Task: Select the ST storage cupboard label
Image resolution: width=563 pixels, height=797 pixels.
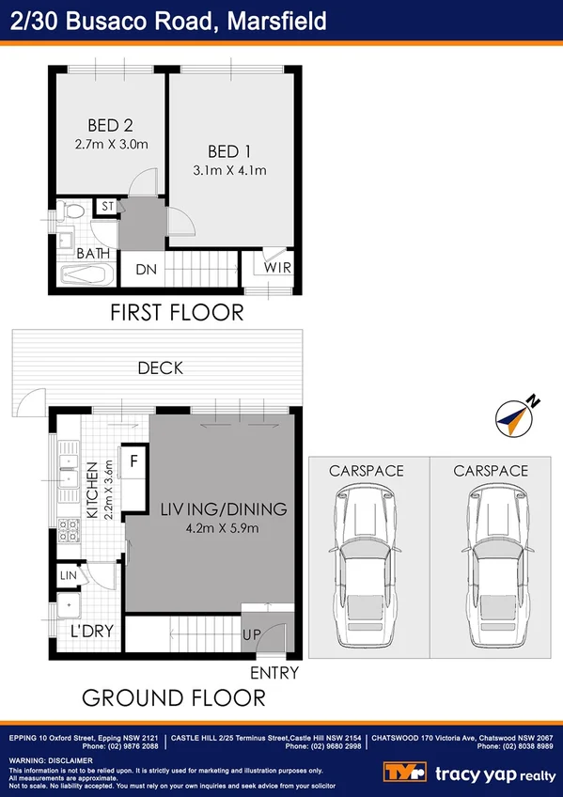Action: click(x=107, y=207)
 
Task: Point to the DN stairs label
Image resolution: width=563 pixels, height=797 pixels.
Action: click(x=146, y=270)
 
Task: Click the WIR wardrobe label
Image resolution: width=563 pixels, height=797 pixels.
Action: click(x=277, y=269)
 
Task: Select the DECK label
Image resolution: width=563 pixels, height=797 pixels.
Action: click(x=160, y=368)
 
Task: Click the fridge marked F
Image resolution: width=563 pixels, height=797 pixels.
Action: click(x=133, y=461)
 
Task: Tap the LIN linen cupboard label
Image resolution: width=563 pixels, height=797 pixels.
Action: click(x=68, y=574)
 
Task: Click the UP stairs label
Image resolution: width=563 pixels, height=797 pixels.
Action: click(x=250, y=636)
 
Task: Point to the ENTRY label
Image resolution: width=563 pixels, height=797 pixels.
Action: click(x=274, y=673)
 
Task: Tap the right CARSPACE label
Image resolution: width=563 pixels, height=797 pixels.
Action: click(x=490, y=470)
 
